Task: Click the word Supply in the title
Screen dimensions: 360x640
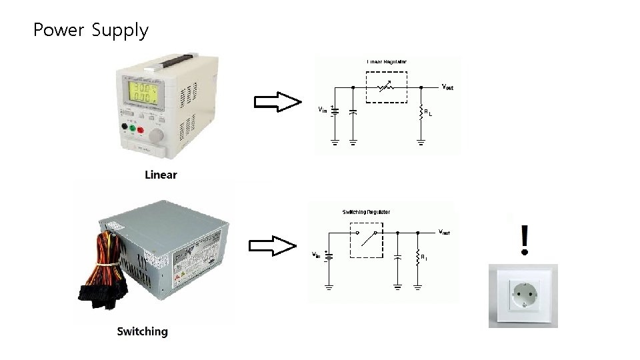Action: point(120,31)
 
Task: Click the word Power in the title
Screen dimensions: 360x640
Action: point(59,30)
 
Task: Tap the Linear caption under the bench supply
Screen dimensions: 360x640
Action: point(161,175)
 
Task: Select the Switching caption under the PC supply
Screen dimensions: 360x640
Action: point(142,331)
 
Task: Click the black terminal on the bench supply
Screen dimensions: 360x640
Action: point(124,127)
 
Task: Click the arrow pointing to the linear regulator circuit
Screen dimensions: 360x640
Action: point(277,103)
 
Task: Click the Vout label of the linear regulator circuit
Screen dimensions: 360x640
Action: point(447,87)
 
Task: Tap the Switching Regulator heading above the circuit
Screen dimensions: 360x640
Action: point(366,212)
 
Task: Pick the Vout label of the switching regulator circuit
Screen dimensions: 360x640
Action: point(444,232)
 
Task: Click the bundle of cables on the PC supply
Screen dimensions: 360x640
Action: point(100,273)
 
